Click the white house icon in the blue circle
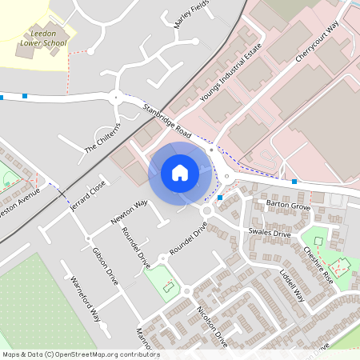point(179,173)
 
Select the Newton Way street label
point(130,214)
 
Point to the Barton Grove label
point(287,206)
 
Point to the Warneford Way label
point(83,299)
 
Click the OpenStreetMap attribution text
point(81,354)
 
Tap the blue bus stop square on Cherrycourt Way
point(295,182)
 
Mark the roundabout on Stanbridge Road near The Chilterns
point(118,98)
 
